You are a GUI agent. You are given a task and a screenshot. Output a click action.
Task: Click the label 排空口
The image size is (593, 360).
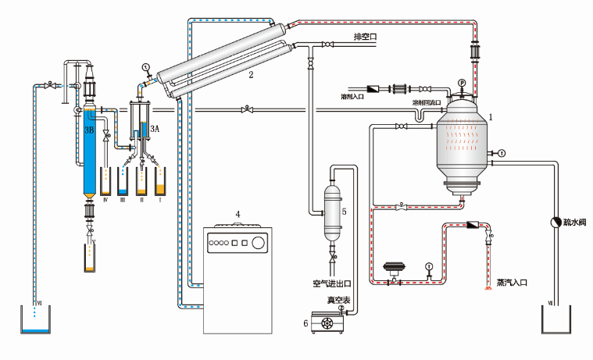365,36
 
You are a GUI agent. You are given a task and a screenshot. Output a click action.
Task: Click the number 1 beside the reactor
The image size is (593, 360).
491,116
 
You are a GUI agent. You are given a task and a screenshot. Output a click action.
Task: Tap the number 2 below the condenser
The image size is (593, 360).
251,76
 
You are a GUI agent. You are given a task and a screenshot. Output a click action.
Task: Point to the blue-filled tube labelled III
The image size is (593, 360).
123,184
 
